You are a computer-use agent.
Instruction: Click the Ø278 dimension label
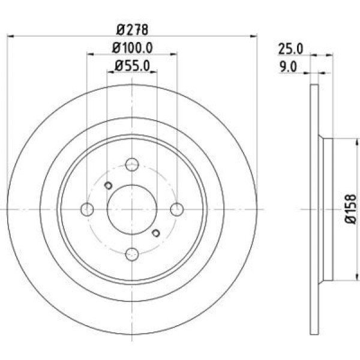[132, 30]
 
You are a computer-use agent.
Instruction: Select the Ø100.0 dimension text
[132, 48]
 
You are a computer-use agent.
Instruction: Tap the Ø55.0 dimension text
[132, 65]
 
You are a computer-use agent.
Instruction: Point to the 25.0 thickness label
[290, 49]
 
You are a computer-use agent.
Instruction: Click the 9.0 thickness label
[288, 67]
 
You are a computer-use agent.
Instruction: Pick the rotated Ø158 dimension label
[350, 209]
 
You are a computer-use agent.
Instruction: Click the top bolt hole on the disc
[132, 164]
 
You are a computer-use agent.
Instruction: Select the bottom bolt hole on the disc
[132, 254]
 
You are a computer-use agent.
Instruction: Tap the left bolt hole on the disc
[87, 209]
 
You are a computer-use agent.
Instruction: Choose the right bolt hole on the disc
[177, 209]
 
